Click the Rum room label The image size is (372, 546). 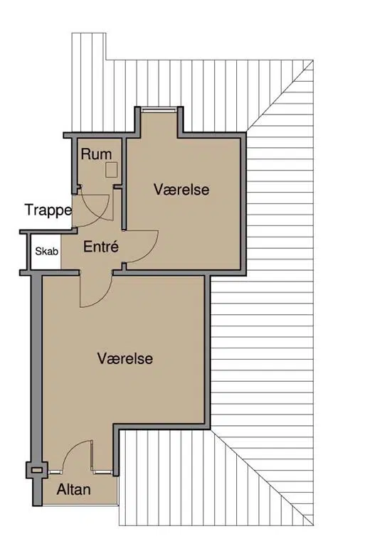pyautogui.click(x=97, y=154)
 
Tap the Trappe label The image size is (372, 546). pyautogui.click(x=48, y=210)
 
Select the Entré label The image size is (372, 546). pyautogui.click(x=101, y=247)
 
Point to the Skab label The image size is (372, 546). pyautogui.click(x=47, y=251)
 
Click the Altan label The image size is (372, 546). pyautogui.click(x=74, y=490)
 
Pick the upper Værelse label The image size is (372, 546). pyautogui.click(x=181, y=189)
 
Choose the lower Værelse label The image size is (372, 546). pyautogui.click(x=125, y=358)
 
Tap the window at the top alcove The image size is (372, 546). pyautogui.click(x=159, y=110)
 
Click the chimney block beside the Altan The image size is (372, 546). pyautogui.click(x=36, y=470)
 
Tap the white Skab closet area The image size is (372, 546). pyautogui.click(x=46, y=252)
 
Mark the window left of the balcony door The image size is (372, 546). pyautogui.click(x=55, y=472)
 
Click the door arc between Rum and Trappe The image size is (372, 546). pyautogui.click(x=101, y=216)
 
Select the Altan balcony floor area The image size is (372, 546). pyautogui.click(x=80, y=489)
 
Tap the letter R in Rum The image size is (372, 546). pyautogui.click(x=85, y=154)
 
